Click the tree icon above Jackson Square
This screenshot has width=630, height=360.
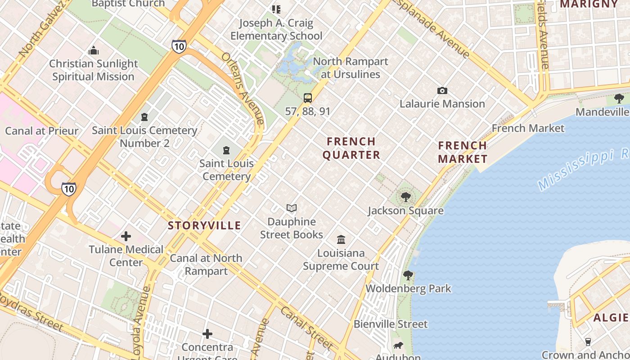[406, 197]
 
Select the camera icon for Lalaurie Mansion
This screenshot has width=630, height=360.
[442, 91]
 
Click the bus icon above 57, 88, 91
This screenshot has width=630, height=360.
[308, 98]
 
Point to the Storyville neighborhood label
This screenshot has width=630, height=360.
[204, 225]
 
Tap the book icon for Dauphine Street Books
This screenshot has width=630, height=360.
[292, 208]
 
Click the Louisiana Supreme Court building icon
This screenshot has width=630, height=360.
[341, 239]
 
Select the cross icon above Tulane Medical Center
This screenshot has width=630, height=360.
[126, 236]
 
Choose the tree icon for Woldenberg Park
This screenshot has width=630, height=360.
[408, 275]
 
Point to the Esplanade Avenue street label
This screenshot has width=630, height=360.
[432, 28]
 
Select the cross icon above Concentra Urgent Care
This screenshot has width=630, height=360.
[207, 333]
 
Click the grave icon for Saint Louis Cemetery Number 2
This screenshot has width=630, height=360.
[144, 117]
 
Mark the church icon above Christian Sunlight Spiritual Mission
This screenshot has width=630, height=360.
[94, 50]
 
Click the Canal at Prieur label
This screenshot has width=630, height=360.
[41, 131]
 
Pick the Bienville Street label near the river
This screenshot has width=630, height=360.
[390, 324]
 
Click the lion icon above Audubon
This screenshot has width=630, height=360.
[398, 346]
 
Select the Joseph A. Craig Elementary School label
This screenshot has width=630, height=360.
[276, 29]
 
